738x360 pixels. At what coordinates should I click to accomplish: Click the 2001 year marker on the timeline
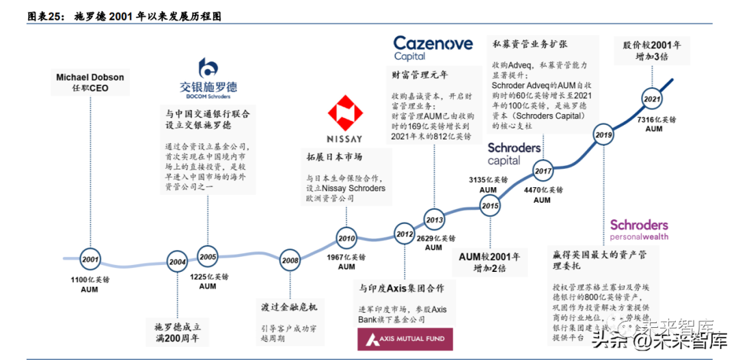[x=90, y=260]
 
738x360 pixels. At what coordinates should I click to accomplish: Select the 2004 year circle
[x=178, y=261]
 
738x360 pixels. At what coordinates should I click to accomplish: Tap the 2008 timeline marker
[x=290, y=260]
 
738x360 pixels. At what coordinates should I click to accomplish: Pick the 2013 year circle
[x=434, y=220]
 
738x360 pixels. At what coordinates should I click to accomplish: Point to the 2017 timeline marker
[x=543, y=171]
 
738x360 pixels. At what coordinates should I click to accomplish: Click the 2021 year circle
[x=652, y=99]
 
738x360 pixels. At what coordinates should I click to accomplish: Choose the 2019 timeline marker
[x=603, y=135]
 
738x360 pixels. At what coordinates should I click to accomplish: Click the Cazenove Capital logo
[x=433, y=48]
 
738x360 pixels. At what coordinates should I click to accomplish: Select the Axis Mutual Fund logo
[x=405, y=338]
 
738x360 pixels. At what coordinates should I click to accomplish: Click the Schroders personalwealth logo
[x=639, y=230]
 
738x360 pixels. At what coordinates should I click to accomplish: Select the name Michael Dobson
[x=90, y=78]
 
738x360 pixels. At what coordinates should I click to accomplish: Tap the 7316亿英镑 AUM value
[x=654, y=124]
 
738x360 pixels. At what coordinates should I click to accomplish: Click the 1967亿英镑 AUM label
[x=346, y=262]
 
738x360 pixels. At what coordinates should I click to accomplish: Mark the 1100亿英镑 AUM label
[x=90, y=285]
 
